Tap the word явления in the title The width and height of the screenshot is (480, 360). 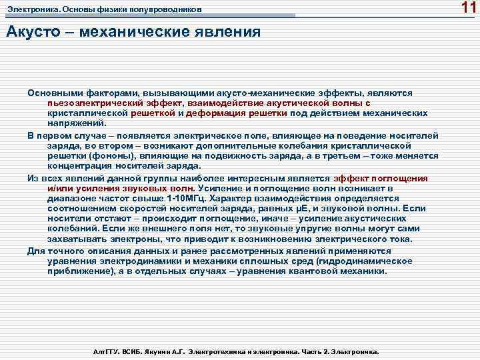(x=227, y=33)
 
